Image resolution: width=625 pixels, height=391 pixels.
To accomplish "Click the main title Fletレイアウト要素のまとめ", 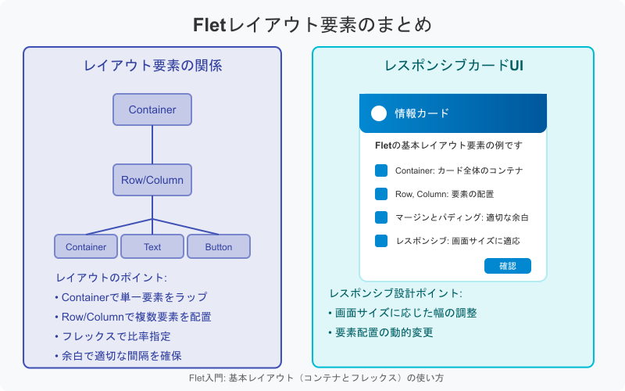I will (x=312, y=24).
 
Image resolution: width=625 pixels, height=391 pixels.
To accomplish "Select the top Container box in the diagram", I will (x=152, y=109).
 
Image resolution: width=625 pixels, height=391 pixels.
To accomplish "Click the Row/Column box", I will (x=152, y=180).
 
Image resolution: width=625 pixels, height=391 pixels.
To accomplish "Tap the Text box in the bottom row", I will (x=152, y=246).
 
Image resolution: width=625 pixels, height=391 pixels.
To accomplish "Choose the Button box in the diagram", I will (x=219, y=246).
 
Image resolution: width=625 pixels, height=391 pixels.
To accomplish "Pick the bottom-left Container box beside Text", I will (x=86, y=246).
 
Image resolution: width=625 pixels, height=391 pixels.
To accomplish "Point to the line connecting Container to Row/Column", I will (x=152, y=145).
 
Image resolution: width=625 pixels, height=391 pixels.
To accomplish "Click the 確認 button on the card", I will (x=507, y=266).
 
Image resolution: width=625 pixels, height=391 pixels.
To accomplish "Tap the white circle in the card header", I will (x=379, y=113).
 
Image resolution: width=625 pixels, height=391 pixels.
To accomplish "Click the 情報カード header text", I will (x=422, y=113).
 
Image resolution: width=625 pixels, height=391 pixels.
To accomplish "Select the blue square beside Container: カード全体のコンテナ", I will (x=381, y=170).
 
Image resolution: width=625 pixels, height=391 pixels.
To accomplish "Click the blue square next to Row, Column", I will (x=381, y=194).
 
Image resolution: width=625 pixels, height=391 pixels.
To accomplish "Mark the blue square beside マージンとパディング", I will (x=381, y=217).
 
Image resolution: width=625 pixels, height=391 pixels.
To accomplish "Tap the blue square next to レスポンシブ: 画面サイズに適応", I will (x=381, y=241).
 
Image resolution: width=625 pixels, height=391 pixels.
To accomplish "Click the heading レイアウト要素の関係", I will (x=152, y=66).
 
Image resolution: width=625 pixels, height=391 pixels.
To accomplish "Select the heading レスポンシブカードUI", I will (x=453, y=66).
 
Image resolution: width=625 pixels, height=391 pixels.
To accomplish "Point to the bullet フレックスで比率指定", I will (x=113, y=336).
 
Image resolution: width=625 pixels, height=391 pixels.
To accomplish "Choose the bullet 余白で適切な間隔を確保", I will (x=118, y=356).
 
